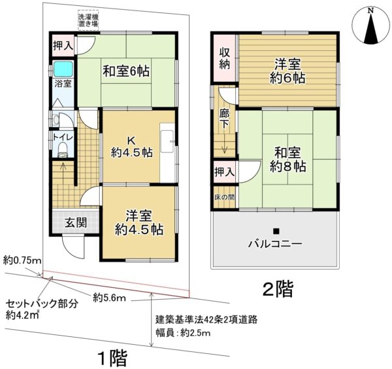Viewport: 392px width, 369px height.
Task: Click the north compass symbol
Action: (371, 27)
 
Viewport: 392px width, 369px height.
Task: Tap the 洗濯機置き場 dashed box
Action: (88, 20)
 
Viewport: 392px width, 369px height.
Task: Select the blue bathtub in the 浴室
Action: (63, 69)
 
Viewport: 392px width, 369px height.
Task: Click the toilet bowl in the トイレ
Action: (63, 150)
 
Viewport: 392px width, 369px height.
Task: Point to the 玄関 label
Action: (76, 222)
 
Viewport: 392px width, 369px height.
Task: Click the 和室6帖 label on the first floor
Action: (126, 71)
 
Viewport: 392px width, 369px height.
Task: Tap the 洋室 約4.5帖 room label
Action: (139, 222)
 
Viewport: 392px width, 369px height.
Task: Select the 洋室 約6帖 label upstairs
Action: (287, 71)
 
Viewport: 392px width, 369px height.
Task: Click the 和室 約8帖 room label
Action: (287, 159)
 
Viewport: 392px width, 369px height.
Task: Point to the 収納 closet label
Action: (225, 58)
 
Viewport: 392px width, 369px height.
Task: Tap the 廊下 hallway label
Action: (224, 119)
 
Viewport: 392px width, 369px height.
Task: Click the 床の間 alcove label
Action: (225, 197)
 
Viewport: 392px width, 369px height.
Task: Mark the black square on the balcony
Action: (276, 232)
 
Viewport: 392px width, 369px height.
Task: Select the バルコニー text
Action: (275, 243)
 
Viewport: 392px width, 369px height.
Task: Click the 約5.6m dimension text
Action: (109, 298)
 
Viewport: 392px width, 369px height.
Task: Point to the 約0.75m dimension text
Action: (22, 261)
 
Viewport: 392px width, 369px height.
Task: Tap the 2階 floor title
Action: (278, 289)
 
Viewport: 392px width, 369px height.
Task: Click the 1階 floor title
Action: (112, 359)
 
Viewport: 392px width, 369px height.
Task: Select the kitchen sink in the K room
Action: (167, 141)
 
